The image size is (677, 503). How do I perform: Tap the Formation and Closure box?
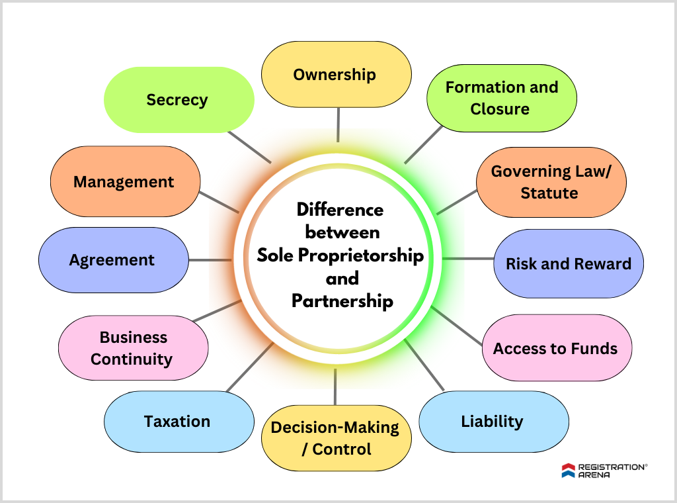501,98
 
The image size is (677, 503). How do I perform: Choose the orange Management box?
125,181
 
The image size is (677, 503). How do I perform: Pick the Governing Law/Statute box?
551,182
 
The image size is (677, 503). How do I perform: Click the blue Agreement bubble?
113,260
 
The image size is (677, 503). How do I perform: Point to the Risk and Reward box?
568,263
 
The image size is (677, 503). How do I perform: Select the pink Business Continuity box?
133,348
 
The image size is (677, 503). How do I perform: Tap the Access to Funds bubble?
556,348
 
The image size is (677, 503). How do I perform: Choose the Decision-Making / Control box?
336,438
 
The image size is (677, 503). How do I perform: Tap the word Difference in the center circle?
340,210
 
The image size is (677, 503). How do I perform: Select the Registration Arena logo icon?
569,471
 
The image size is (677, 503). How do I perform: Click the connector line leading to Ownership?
338,124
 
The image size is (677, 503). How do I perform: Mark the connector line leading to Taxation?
250,366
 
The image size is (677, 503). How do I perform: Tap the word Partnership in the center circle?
342,301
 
